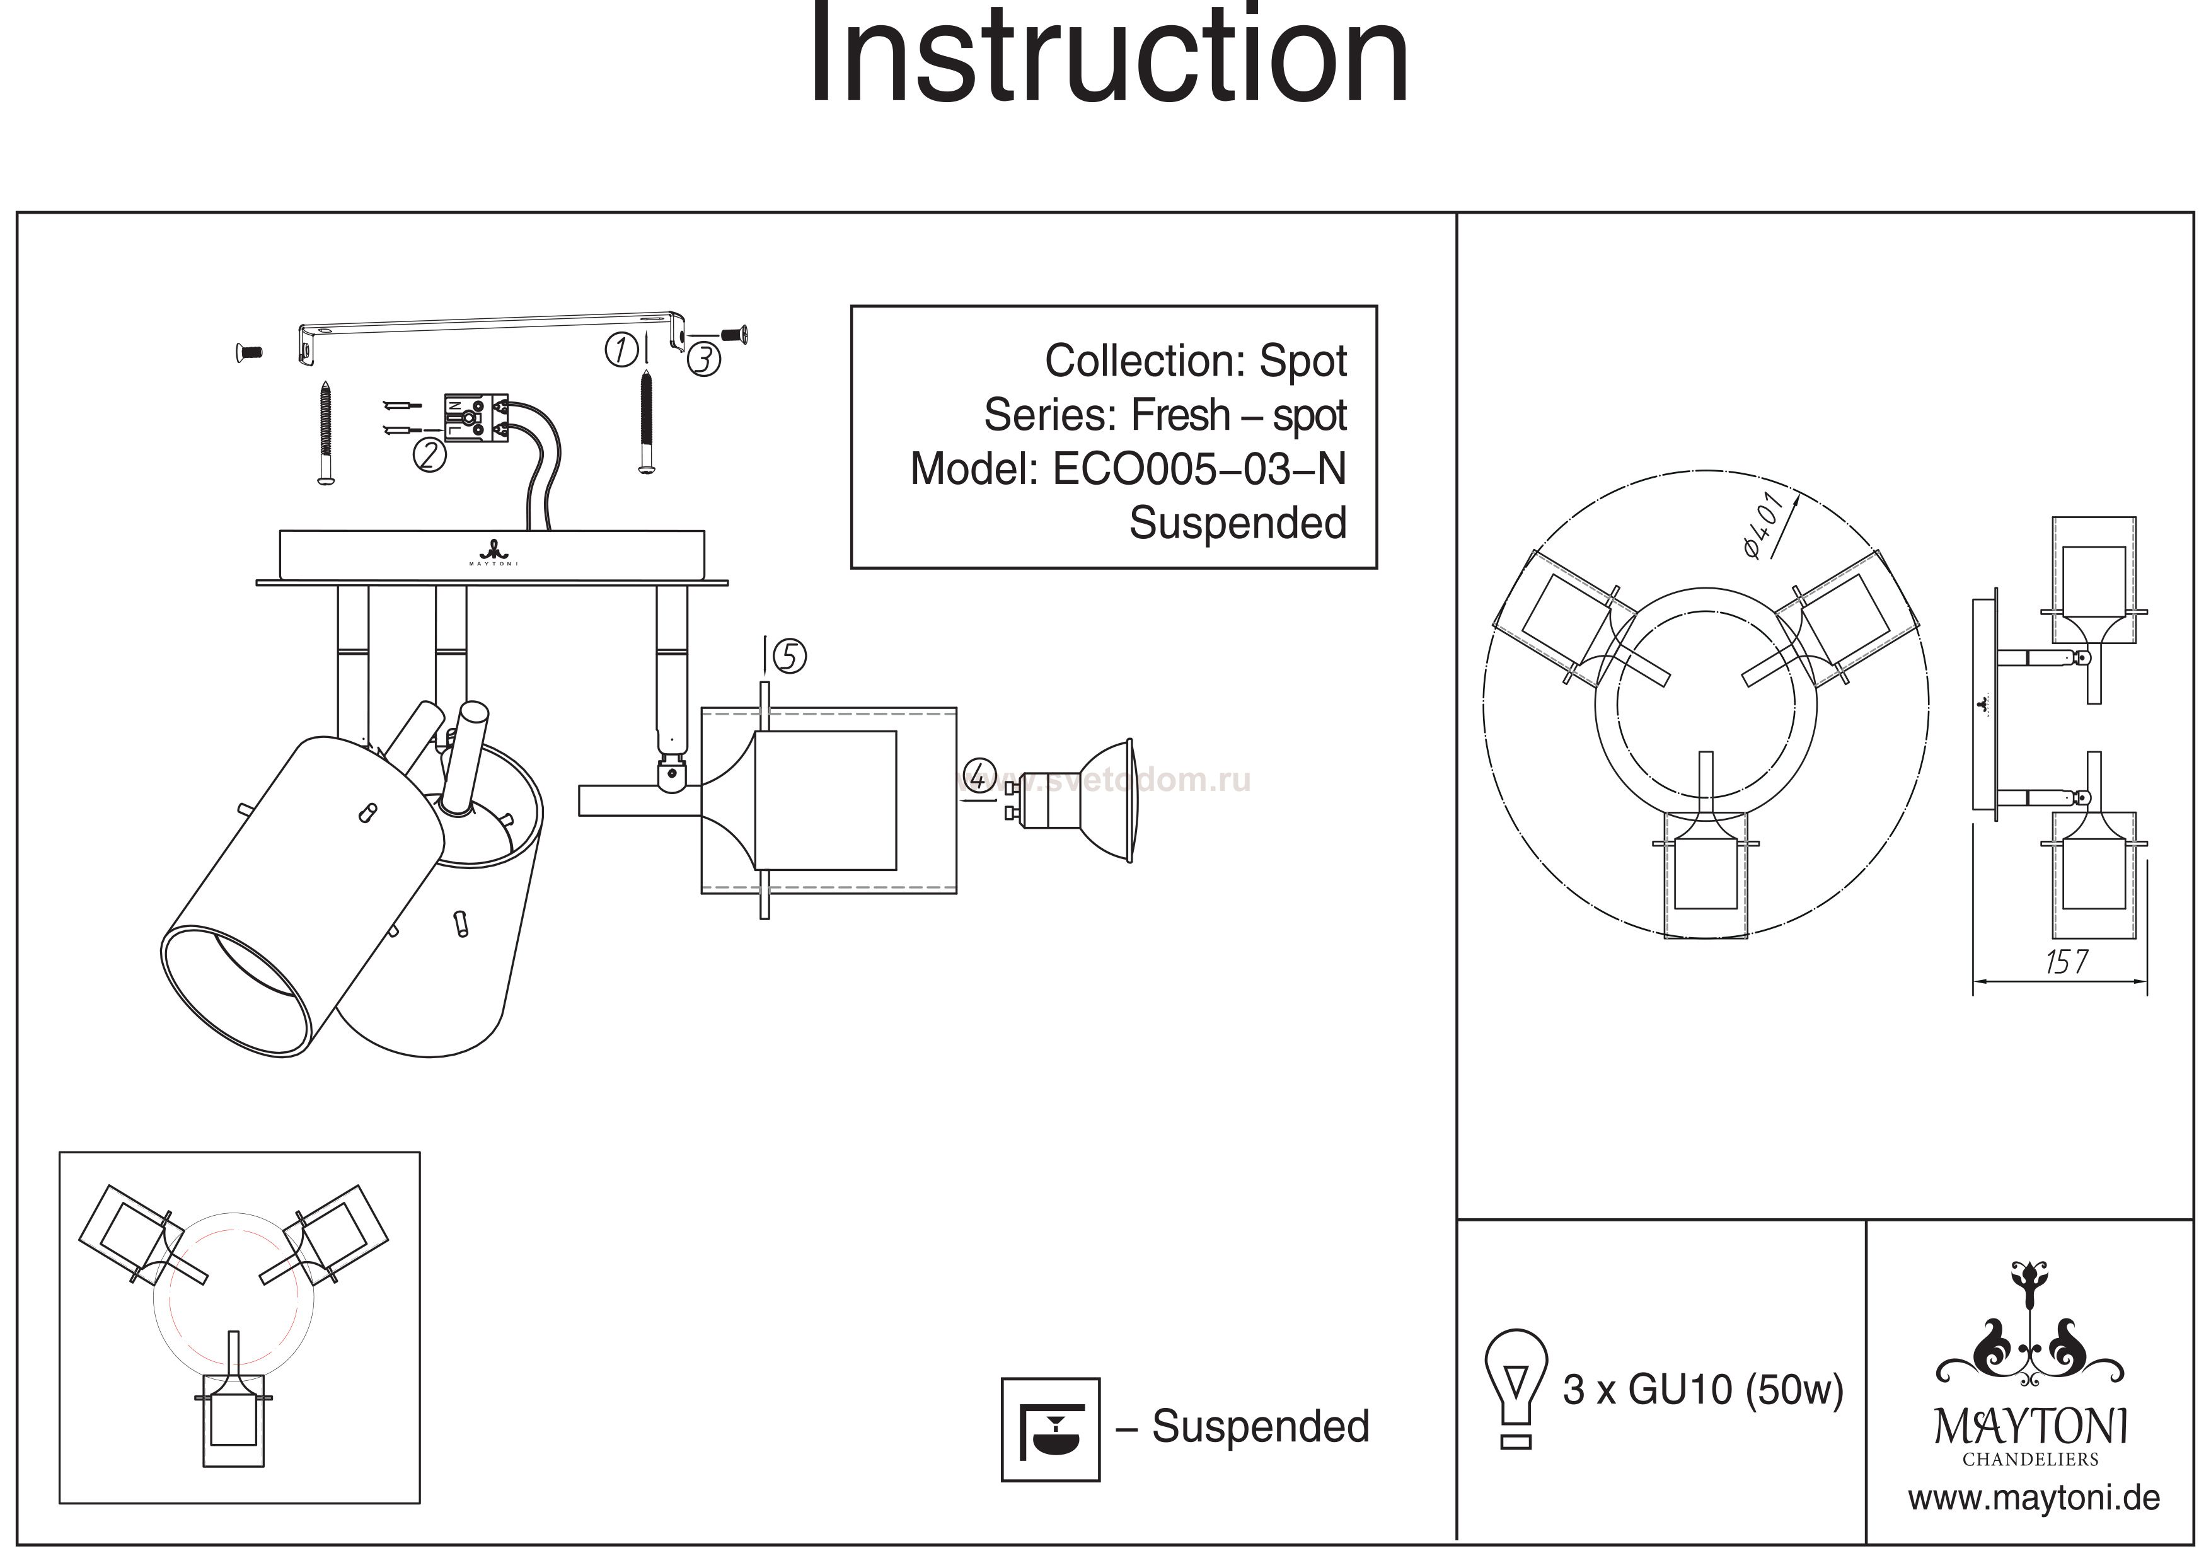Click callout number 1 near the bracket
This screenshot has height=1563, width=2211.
tap(621, 350)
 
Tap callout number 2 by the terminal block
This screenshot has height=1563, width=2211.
tap(429, 454)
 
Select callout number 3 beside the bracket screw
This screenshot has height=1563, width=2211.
tap(704, 359)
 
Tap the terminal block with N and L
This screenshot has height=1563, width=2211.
tap(474, 419)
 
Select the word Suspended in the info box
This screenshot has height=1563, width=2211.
tap(1237, 524)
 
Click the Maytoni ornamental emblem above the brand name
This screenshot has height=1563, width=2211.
tap(2030, 1344)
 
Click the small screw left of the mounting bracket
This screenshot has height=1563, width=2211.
tap(248, 354)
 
